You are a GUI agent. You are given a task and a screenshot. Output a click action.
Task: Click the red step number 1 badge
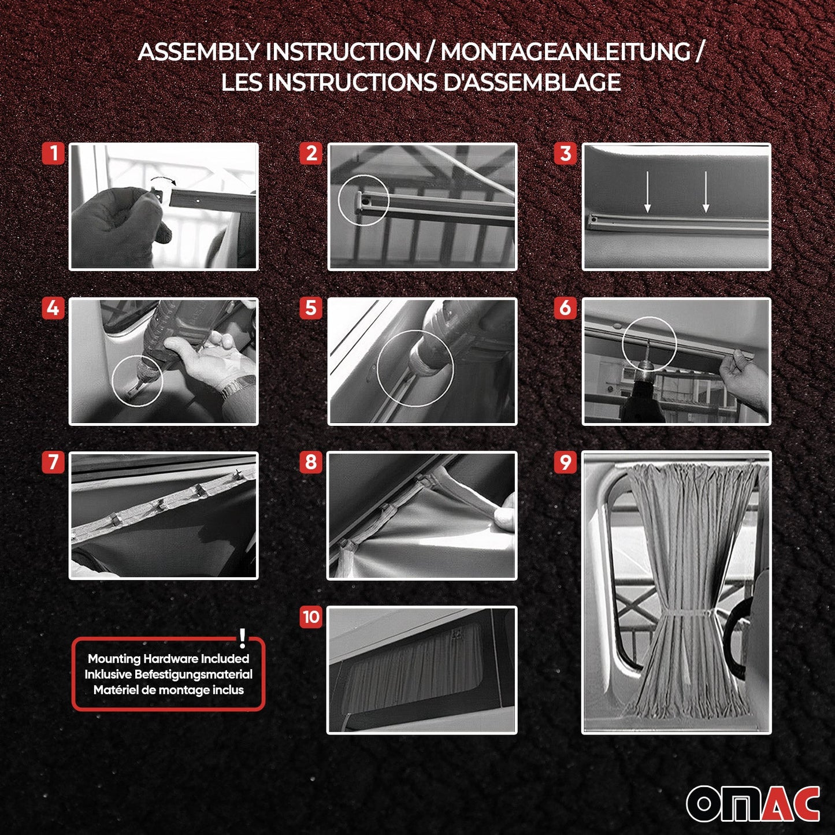point(53,154)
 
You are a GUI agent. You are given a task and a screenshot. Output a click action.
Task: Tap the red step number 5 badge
point(311,308)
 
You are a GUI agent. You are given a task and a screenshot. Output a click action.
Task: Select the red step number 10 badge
point(311,617)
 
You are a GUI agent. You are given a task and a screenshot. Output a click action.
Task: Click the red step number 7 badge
point(53,462)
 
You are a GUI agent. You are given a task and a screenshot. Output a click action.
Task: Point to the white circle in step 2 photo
point(363,200)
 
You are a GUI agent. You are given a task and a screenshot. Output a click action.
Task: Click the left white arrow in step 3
point(647,192)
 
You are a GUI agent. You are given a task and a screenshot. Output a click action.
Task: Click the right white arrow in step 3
point(706,192)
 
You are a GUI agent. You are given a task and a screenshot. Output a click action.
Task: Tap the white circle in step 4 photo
point(138,380)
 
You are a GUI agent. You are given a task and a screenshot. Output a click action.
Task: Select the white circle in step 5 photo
point(415,368)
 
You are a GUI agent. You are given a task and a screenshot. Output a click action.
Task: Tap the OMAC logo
point(752,803)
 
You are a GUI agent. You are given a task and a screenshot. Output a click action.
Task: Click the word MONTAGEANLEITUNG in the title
point(565,52)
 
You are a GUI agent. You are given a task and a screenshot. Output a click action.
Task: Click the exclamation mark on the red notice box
point(243,639)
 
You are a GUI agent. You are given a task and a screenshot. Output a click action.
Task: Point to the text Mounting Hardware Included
point(168,659)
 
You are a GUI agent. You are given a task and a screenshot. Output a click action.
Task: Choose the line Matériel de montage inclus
point(168,690)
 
